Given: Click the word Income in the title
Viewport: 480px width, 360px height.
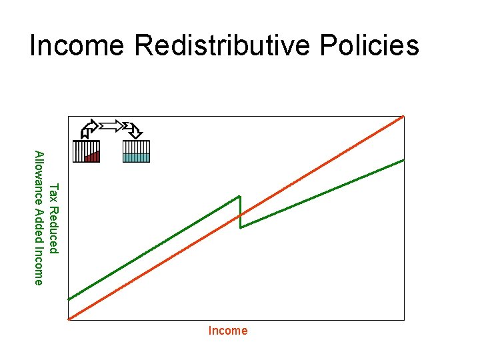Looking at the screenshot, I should (x=77, y=45).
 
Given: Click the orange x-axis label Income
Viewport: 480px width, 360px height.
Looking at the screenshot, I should (x=228, y=331).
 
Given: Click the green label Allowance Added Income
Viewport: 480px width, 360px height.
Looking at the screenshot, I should (x=39, y=217).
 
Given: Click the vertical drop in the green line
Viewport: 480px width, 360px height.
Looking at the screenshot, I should (x=240, y=212).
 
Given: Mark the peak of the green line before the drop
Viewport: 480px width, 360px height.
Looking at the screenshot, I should (x=239, y=196).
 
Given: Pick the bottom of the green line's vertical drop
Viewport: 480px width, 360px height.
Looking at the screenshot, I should (x=241, y=228).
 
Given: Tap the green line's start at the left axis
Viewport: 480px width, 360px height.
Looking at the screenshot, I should (x=69, y=299).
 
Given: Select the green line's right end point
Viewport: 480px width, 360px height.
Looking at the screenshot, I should (x=403, y=159).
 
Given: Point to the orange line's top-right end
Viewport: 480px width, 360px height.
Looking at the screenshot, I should (x=403, y=117).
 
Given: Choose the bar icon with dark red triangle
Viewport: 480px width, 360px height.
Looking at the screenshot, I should (x=86, y=152).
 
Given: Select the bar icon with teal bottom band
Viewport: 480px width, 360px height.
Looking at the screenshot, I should (x=136, y=152).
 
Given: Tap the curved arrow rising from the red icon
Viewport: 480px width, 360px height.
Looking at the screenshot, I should (x=88, y=127).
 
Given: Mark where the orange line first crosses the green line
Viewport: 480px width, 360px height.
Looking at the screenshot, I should (x=240, y=215).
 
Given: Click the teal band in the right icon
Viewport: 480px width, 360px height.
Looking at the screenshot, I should (x=136, y=157).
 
